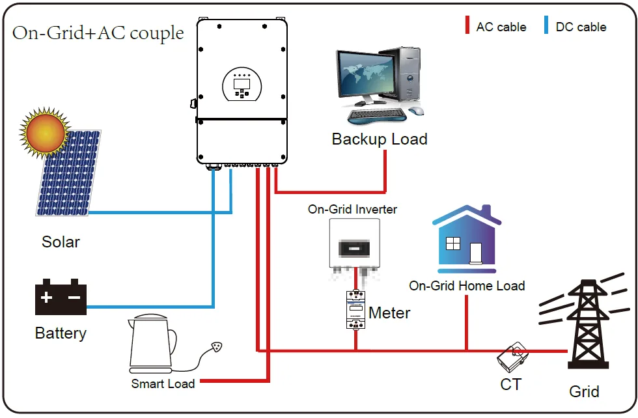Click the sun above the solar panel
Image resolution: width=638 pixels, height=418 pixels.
pos(44,132)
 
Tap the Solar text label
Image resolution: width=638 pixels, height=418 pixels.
pos(61,242)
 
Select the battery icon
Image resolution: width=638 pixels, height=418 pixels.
pos(61,298)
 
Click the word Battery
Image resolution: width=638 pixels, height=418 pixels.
pos(61,333)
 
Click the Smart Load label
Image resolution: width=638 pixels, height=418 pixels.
pos(163,383)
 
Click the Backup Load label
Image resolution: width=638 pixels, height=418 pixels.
pos(380,139)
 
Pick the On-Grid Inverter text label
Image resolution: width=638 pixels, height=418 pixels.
pos(352,210)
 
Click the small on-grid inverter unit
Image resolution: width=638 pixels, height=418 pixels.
pos(354,246)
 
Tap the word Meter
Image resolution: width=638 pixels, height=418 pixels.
pos(389,313)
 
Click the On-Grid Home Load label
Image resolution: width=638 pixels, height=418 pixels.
pos(467,286)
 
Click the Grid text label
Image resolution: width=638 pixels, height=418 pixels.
pos(584,391)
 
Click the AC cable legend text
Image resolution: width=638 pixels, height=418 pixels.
pos(501,27)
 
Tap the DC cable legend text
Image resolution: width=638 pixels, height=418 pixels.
pos(581,27)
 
